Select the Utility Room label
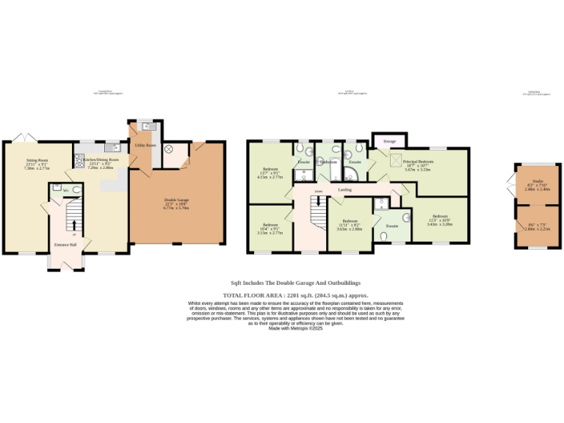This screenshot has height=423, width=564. tap(145, 145)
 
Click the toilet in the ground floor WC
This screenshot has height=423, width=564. tap(76, 190)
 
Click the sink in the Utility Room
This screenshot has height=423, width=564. tap(145, 126)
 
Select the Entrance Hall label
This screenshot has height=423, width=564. tap(65, 245)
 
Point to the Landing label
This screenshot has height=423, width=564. tap(344, 189)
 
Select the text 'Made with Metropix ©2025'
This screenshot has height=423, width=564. tap(295, 328)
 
